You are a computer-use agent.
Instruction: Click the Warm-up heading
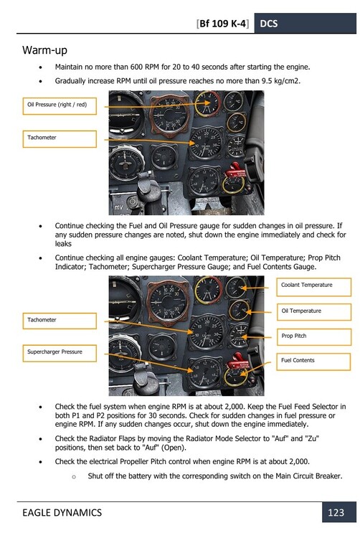pos(47,51)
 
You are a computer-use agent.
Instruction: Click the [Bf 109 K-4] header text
pos(223,24)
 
